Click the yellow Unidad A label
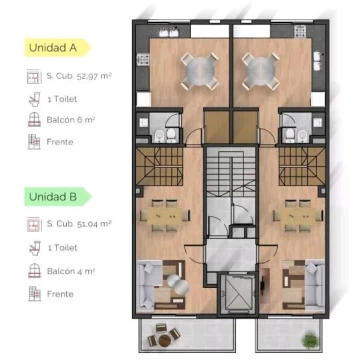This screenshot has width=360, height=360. point(57,47)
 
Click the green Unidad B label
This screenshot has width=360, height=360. point(57,197)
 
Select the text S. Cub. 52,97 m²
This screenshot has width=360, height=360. point(79,76)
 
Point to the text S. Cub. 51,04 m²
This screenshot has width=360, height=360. point(79,224)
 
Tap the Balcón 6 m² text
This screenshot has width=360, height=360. point(69,120)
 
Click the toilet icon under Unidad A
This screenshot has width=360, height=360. point(34,99)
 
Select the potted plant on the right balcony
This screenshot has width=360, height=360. point(310,340)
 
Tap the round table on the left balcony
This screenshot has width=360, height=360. point(164,340)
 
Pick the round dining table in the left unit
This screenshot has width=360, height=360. point(199,72)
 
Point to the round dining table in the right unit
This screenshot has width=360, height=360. point(261,72)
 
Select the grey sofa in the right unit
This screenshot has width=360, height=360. point(314,285)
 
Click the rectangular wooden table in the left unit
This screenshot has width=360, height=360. point(165,215)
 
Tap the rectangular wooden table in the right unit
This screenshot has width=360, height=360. point(298,215)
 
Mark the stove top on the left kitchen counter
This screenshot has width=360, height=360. point(143,59)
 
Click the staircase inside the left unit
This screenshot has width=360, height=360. point(159,166)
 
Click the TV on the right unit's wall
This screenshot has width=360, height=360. point(263,285)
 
